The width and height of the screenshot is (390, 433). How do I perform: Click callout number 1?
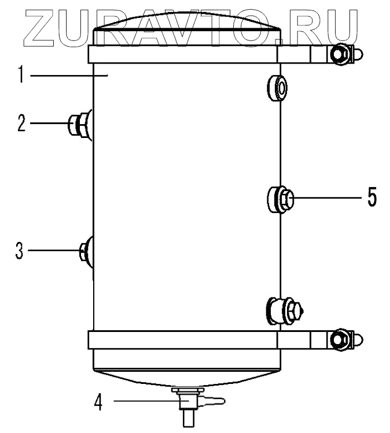pyautogui.click(x=21, y=74)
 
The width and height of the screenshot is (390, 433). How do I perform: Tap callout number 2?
pyautogui.click(x=21, y=123)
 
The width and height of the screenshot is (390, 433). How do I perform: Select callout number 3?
pyautogui.click(x=19, y=251)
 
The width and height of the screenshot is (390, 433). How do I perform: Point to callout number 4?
pyautogui.click(x=98, y=401)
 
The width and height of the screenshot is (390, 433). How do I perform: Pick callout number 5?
pyautogui.click(x=372, y=197)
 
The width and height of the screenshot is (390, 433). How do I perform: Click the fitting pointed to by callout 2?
pyautogui.click(x=80, y=125)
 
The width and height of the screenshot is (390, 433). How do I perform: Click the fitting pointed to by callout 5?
pyautogui.click(x=280, y=199)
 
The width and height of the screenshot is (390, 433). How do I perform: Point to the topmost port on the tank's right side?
pyautogui.click(x=277, y=88)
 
